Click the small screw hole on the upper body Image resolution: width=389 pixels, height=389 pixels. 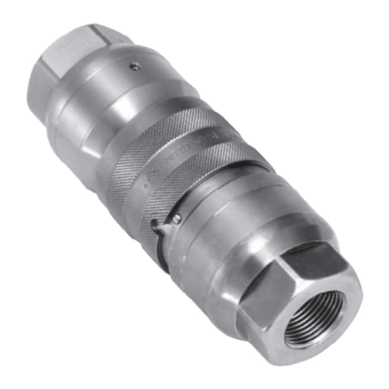(x=134, y=67)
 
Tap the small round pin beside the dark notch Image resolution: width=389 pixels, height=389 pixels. (x=177, y=218)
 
